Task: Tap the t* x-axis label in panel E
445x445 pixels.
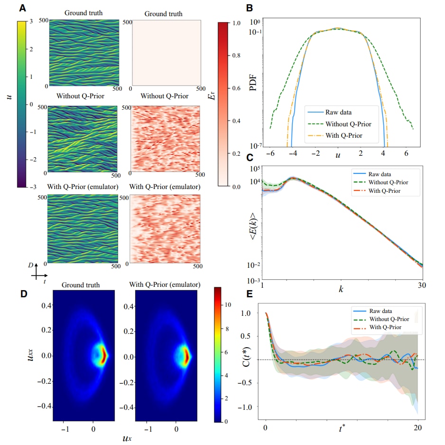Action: (342, 428)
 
